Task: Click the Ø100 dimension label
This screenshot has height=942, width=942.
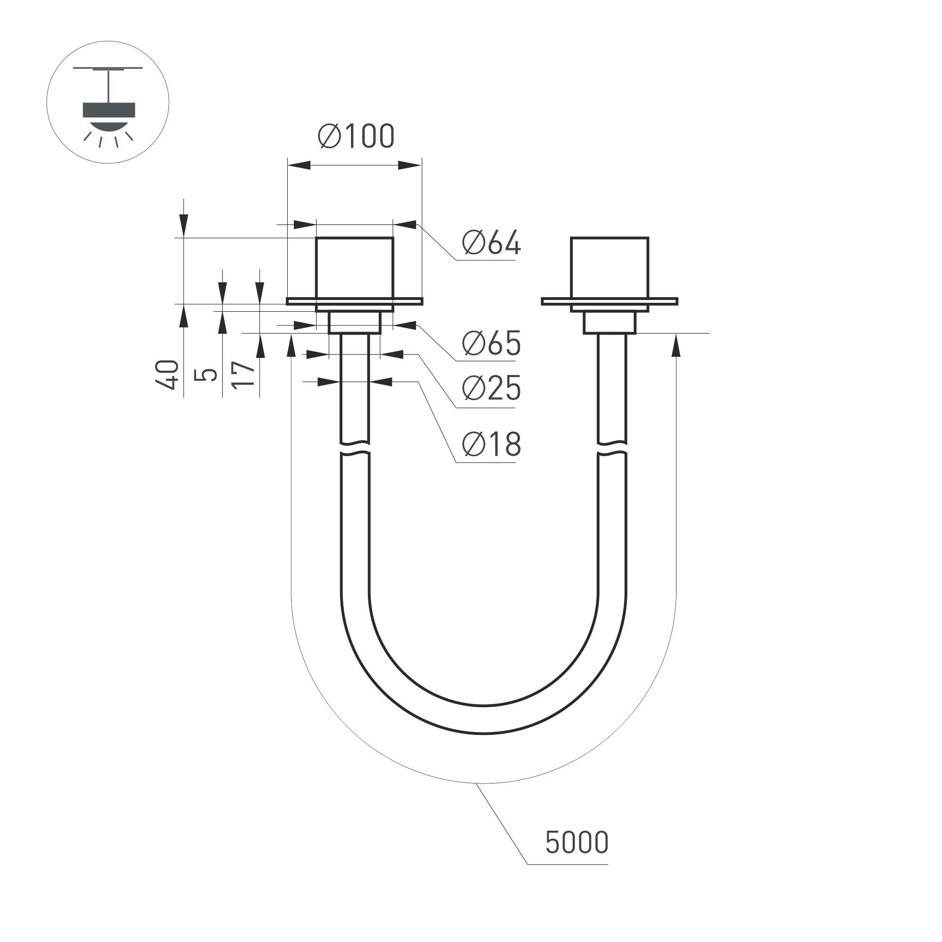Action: tap(357, 136)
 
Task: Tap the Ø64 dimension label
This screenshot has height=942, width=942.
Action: tap(492, 242)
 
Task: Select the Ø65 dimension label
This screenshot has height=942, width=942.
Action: tap(492, 343)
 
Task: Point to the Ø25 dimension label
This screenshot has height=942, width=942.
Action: tap(492, 389)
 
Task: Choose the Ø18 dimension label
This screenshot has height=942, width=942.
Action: tap(492, 444)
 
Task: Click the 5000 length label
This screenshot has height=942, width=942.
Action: tap(577, 842)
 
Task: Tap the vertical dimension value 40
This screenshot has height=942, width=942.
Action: tap(168, 375)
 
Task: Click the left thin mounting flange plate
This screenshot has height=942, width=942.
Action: tap(354, 301)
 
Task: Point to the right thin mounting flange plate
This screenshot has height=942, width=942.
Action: tap(609, 301)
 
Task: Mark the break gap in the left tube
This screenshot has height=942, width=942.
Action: tap(354, 449)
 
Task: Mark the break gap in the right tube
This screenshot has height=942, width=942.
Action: tap(612, 449)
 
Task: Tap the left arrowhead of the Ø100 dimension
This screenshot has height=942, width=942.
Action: tap(299, 165)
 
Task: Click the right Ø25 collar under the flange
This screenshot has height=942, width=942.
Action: tap(609, 323)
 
